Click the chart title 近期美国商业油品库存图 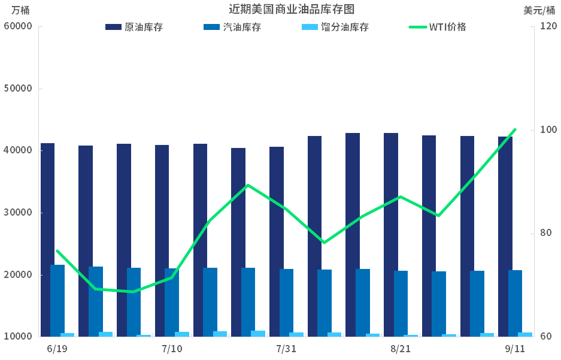(292, 10)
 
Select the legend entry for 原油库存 (134, 27)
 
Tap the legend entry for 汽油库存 (232, 27)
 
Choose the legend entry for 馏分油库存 (335, 27)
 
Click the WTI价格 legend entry (437, 27)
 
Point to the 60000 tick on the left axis (18, 26)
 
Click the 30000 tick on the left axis (18, 213)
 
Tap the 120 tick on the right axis (548, 26)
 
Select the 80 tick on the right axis (545, 233)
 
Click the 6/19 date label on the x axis (57, 349)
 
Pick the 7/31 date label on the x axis (286, 349)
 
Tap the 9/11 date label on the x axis (515, 349)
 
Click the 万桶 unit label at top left (20, 10)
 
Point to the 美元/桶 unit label (539, 10)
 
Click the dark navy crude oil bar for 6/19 (47, 240)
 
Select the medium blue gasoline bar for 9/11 (515, 304)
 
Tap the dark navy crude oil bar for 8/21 (391, 235)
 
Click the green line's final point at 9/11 (515, 129)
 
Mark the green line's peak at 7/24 (248, 185)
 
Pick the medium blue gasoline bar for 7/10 (172, 302)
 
